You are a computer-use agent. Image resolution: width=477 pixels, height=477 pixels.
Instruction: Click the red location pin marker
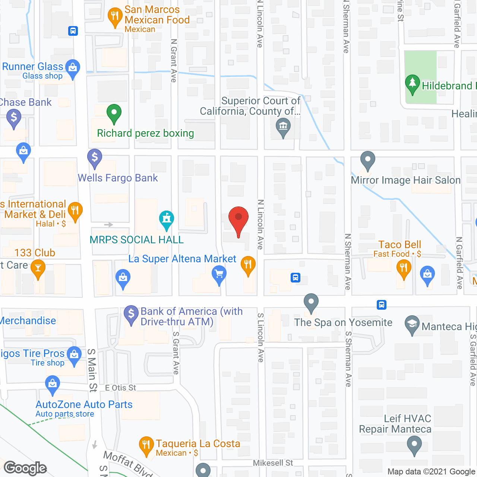(x=238, y=219)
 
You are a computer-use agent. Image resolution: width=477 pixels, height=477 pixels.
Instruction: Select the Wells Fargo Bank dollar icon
(x=95, y=158)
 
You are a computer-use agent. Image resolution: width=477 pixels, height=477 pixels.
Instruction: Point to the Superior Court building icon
(x=283, y=127)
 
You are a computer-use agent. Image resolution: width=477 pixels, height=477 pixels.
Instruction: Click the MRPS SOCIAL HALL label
(x=137, y=240)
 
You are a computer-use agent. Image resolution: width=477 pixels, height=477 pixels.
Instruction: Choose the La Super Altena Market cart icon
(x=219, y=275)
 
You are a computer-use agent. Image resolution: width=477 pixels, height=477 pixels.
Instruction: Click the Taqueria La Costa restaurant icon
(x=146, y=445)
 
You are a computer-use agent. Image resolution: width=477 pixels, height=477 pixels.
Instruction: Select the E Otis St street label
(x=120, y=388)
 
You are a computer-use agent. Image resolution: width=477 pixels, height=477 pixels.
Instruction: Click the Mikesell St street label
(x=273, y=463)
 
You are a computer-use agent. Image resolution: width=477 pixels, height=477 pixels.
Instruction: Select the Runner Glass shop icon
(x=73, y=68)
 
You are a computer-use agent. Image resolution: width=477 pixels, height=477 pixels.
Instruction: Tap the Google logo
(x=25, y=468)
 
